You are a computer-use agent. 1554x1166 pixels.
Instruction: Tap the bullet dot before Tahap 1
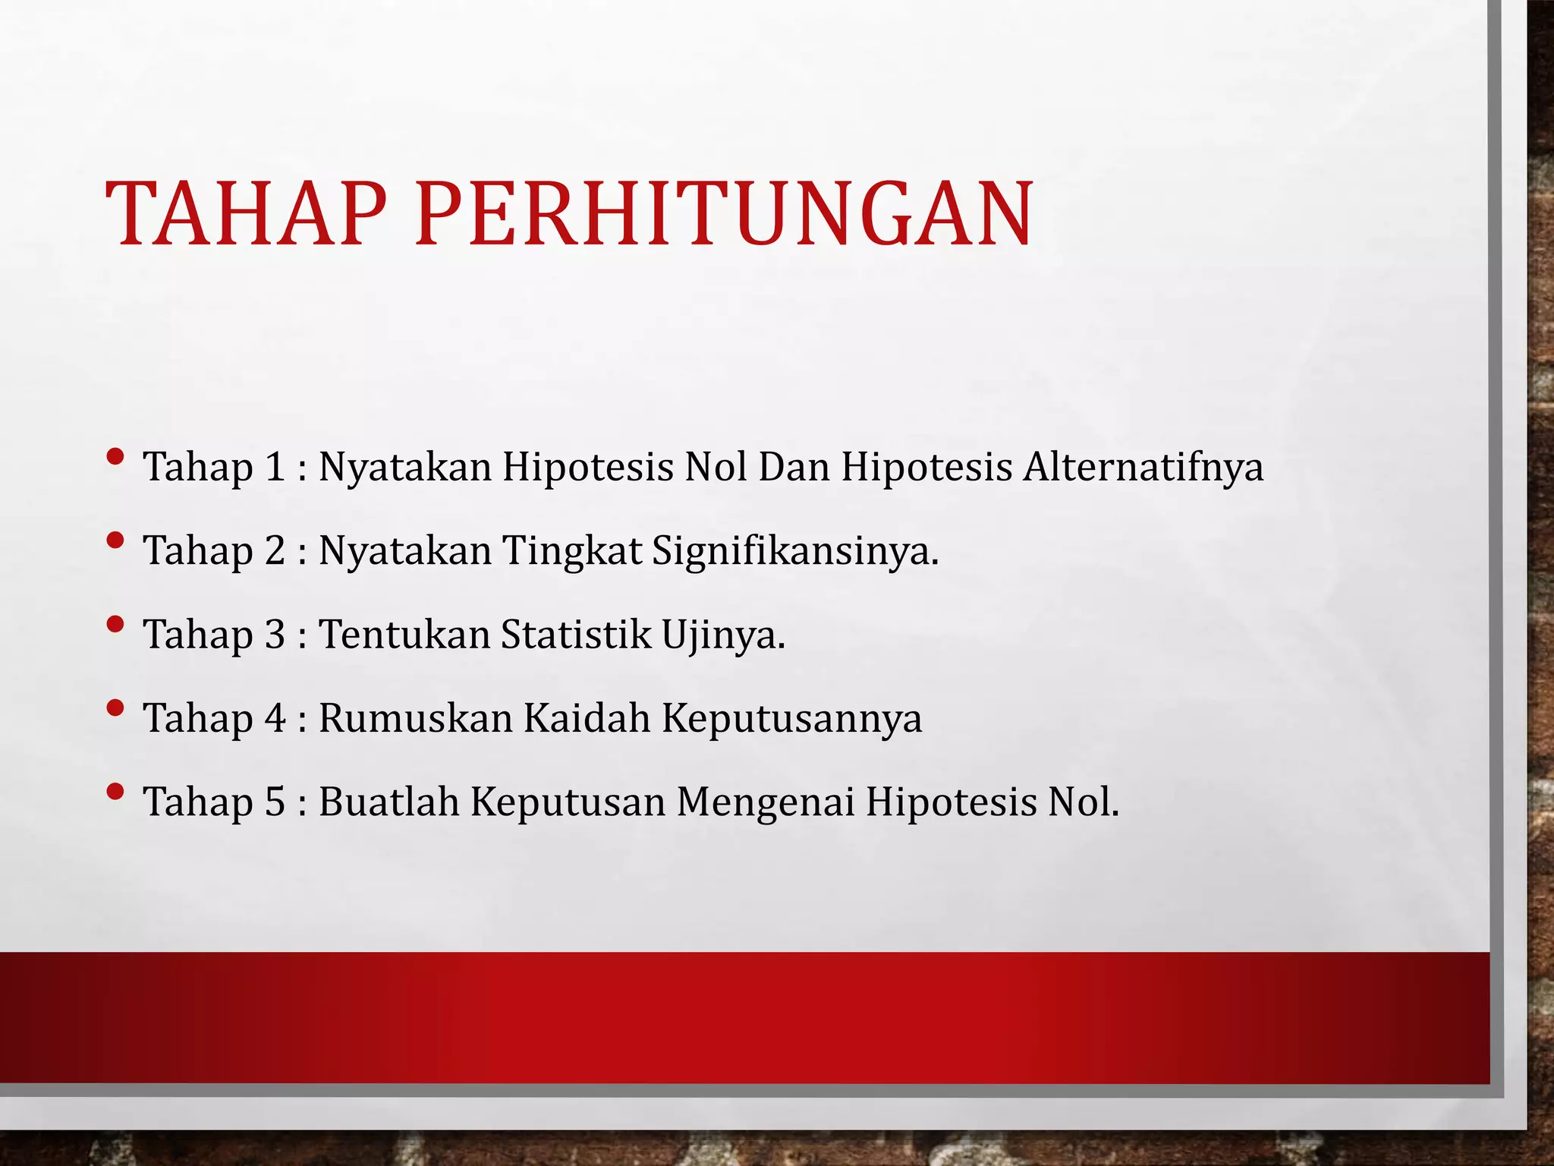tap(115, 457)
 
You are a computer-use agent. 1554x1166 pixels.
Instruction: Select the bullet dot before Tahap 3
tap(115, 625)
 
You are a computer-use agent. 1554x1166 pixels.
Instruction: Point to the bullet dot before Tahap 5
tap(115, 793)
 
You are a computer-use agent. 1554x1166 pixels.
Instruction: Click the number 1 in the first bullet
tap(274, 466)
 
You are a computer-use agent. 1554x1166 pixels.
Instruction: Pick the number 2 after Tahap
tap(275, 550)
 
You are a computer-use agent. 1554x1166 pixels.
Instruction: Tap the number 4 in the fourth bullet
tap(275, 717)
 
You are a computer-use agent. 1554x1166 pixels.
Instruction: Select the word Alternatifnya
tap(1143, 466)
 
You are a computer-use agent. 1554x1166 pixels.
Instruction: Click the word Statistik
tap(576, 634)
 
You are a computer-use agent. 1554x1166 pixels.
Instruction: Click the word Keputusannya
tap(791, 719)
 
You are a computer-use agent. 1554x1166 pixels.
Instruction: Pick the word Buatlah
tap(388, 801)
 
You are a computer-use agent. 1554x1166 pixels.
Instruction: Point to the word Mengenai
tap(766, 802)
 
